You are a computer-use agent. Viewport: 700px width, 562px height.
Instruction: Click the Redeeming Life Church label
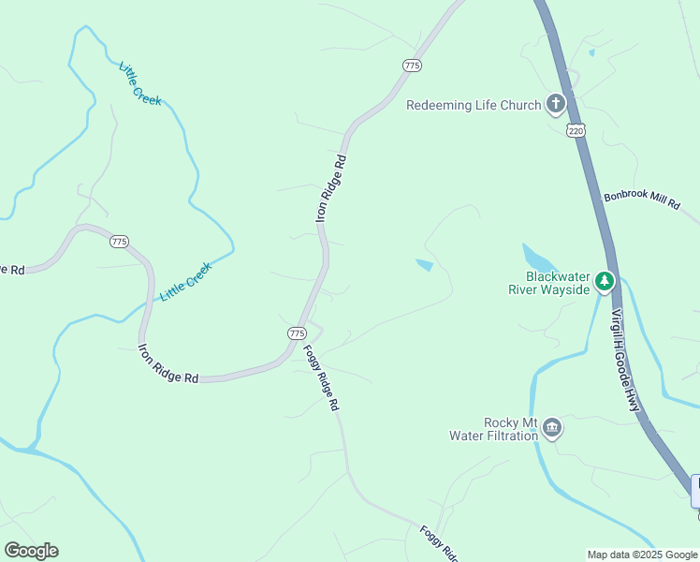474,105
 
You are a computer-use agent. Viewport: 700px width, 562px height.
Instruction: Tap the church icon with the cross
556,104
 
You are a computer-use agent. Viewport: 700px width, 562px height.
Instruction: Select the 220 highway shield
576,132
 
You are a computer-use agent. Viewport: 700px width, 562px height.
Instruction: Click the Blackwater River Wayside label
548,283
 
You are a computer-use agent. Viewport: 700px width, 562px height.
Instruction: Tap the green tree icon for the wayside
605,280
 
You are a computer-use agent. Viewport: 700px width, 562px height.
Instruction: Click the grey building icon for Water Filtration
552,429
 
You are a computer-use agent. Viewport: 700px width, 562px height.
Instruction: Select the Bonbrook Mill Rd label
641,200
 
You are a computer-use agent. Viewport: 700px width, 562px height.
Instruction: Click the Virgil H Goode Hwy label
625,362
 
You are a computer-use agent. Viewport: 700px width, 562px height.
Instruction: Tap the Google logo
31,551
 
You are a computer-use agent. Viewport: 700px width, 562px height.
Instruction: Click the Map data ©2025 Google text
643,555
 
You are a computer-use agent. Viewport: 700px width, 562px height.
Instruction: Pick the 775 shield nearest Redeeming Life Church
413,65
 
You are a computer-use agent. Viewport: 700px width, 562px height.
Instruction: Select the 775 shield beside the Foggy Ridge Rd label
297,333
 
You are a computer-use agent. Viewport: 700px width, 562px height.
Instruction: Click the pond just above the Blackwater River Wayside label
536,257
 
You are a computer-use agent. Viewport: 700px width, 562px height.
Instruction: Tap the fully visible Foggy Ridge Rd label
320,378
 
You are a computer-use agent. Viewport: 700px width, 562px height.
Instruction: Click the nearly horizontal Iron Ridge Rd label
168,364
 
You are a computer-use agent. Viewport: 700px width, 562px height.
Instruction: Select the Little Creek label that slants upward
186,281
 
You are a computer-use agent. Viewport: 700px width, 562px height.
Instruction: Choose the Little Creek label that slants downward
139,84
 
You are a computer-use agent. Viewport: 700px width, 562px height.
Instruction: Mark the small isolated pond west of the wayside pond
424,265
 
